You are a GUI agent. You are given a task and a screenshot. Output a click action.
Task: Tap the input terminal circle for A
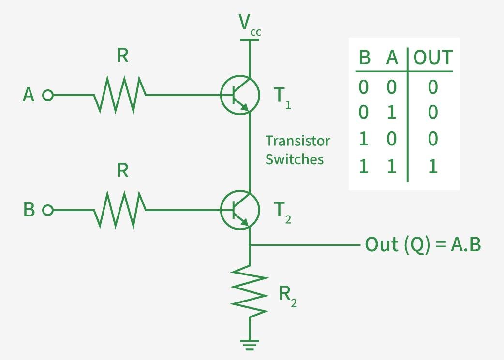point(47,95)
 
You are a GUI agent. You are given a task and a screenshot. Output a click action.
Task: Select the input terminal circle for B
point(47,210)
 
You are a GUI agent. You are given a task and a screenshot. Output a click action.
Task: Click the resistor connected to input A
point(119,95)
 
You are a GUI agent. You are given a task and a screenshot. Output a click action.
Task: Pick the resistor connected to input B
point(119,210)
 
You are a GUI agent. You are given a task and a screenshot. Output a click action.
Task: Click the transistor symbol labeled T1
point(240,95)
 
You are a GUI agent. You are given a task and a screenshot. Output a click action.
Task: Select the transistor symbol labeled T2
point(240,210)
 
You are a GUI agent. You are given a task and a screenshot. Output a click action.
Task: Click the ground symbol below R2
point(250,345)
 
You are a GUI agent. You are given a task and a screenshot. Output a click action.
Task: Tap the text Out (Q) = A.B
point(423,245)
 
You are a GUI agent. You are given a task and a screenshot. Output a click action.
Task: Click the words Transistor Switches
point(297,150)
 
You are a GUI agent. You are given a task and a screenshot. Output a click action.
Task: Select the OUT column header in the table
point(432,58)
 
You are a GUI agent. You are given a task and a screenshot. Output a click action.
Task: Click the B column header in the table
point(364,58)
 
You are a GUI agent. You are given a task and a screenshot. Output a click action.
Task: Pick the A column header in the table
point(392,58)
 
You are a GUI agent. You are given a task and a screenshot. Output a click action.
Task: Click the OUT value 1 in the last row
point(432,167)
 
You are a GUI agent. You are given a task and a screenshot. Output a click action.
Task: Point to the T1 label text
point(282,97)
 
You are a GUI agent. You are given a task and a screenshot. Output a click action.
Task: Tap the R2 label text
point(287,296)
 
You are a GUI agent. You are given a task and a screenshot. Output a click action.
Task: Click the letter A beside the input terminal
point(29,95)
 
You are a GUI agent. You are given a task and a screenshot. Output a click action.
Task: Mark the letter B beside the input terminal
point(29,211)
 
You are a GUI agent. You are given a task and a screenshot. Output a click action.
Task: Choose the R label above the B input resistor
point(123,171)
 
